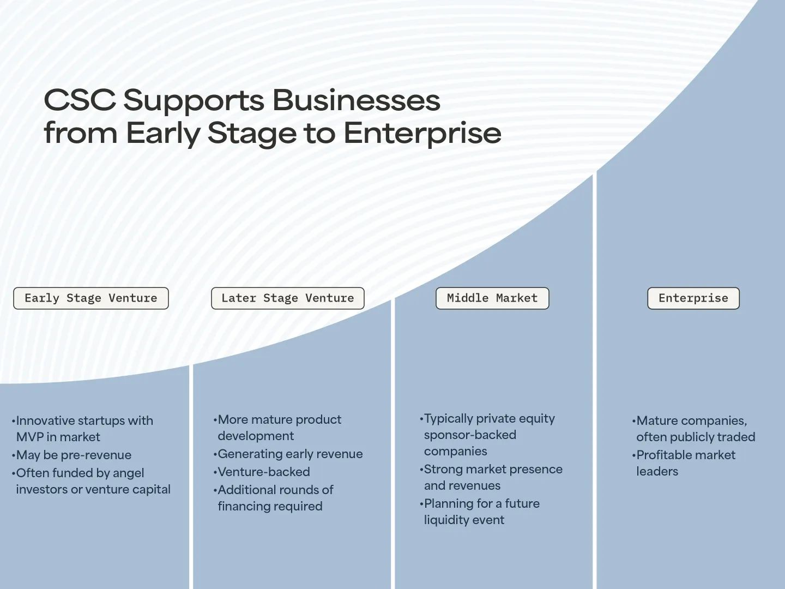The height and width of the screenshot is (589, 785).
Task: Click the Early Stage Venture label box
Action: (x=91, y=298)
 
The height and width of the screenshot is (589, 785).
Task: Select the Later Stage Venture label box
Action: (x=287, y=298)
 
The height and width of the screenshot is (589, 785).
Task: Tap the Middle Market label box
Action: (x=492, y=298)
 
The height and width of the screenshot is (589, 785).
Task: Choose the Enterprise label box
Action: (x=693, y=298)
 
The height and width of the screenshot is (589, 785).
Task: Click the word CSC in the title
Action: (x=80, y=101)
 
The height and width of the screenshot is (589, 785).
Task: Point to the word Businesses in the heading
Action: (x=356, y=101)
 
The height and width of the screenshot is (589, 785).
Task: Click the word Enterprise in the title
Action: (x=422, y=133)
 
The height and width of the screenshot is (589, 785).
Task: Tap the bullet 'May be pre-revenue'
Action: (x=74, y=455)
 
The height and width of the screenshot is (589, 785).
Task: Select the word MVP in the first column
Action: (x=29, y=437)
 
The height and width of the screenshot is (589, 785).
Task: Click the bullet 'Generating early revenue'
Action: (x=290, y=454)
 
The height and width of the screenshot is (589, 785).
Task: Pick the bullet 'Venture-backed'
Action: (x=264, y=472)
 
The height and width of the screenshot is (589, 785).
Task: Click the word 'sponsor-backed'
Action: (x=470, y=435)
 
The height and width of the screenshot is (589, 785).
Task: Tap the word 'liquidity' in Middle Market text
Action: (x=445, y=520)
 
